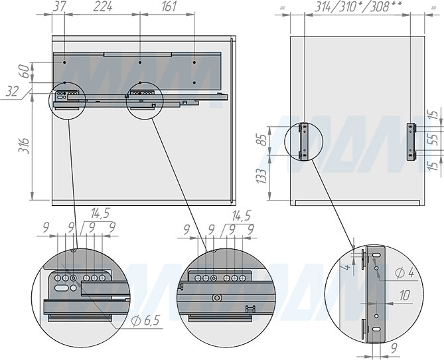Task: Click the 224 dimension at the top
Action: (x=103, y=7)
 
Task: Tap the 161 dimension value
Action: (x=169, y=7)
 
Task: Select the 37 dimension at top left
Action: (x=59, y=7)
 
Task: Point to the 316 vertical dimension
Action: (x=25, y=145)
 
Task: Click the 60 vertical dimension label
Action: (x=25, y=72)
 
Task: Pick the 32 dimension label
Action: (x=12, y=92)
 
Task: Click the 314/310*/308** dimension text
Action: (x=358, y=7)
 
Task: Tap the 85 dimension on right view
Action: (x=262, y=139)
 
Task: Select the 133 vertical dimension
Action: (x=262, y=176)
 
